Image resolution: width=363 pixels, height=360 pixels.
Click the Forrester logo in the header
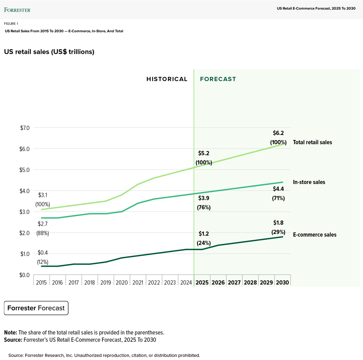(17, 10)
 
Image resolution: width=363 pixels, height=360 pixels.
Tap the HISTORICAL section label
(167, 79)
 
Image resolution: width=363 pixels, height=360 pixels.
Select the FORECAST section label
(218, 79)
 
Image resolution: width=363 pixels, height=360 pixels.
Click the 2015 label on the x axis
(41, 283)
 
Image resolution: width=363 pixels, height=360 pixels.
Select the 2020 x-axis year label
(121, 283)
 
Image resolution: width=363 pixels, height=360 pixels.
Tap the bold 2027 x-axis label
(234, 283)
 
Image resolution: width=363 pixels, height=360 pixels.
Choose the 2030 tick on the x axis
(282, 283)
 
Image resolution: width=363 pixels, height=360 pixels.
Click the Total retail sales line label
(312, 142)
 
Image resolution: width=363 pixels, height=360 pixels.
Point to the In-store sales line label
(309, 182)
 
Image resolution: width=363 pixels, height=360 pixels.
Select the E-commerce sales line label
(314, 235)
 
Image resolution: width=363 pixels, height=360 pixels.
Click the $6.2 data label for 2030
(278, 133)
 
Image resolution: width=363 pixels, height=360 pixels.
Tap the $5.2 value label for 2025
(204, 154)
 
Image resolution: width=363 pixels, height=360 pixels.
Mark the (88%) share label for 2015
(43, 233)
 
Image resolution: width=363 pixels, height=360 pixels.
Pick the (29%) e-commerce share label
(278, 232)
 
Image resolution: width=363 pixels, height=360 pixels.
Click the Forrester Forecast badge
(36, 308)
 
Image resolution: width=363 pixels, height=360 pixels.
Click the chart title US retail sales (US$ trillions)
(49, 52)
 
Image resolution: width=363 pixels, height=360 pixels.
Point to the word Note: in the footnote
(11, 333)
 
